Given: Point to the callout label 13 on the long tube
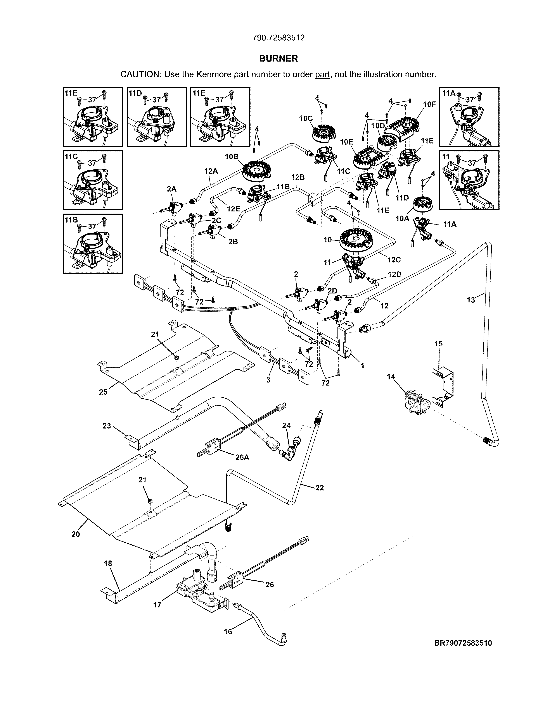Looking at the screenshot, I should click(x=471, y=300).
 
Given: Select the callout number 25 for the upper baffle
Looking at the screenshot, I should click(x=103, y=392).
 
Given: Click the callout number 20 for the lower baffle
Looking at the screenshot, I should click(x=76, y=534).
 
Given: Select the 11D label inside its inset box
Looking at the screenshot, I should click(x=135, y=93).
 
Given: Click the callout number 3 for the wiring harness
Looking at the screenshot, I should click(x=268, y=380).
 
